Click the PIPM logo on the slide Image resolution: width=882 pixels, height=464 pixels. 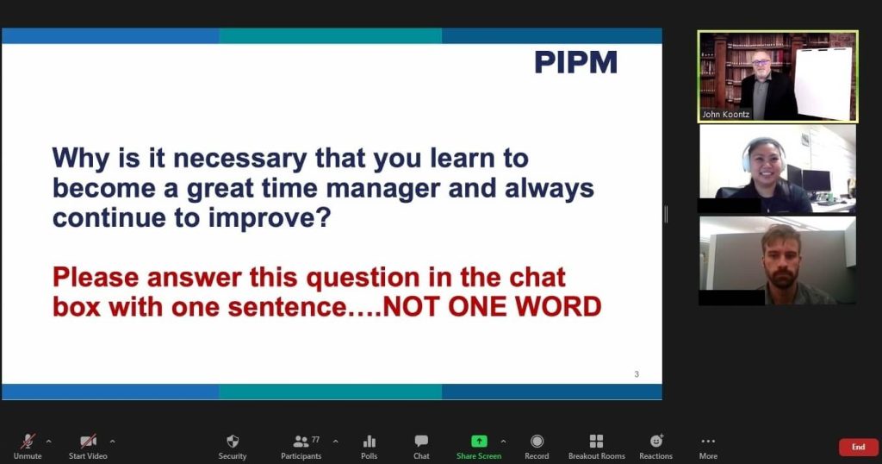tap(575, 62)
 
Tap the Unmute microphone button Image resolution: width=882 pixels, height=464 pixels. tap(28, 447)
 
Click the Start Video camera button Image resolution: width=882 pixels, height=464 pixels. tap(88, 447)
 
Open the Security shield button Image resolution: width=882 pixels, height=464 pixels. tap(233, 447)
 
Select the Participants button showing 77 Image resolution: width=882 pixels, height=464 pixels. tap(301, 447)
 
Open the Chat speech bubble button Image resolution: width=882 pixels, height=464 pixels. tap(421, 447)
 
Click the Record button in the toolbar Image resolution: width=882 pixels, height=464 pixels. tap(537, 447)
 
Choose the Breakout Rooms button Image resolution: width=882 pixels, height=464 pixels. tap(596, 447)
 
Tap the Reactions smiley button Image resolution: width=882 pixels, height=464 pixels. tap(655, 447)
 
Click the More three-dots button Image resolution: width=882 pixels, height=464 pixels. tap(708, 447)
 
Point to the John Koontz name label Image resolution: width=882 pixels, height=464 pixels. tap(725, 115)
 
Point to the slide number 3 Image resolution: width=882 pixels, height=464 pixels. tap(637, 374)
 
